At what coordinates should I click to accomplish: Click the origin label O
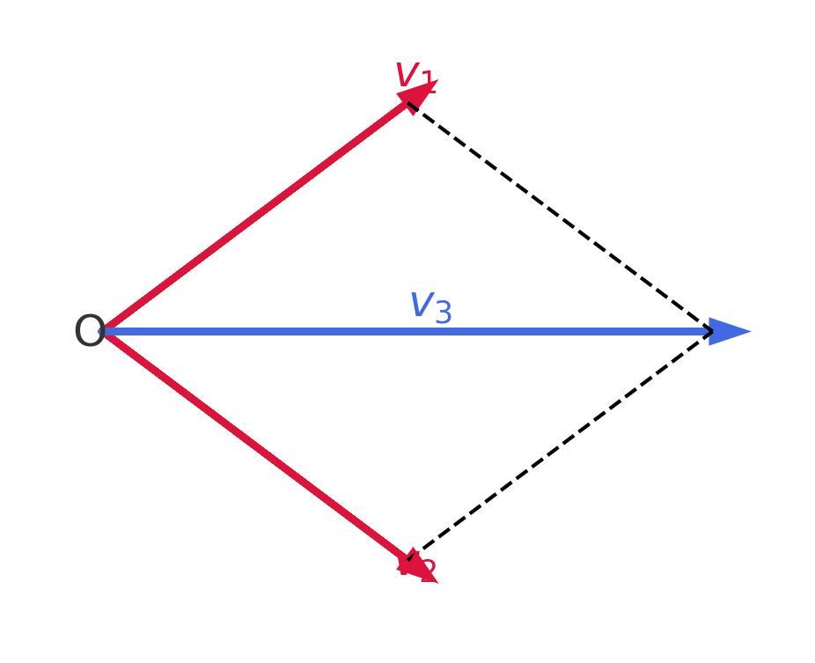(x=90, y=333)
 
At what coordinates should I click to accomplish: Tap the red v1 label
(x=415, y=77)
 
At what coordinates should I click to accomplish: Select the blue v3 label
(x=430, y=307)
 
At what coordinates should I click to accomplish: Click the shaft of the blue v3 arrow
(x=352, y=332)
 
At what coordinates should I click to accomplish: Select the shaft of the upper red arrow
(x=255, y=217)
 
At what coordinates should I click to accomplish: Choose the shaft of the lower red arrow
(x=255, y=446)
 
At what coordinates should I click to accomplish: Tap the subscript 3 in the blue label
(x=443, y=313)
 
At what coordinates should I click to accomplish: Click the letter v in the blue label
(x=421, y=305)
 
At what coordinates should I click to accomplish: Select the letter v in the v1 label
(x=406, y=74)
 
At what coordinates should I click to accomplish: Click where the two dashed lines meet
(x=712, y=332)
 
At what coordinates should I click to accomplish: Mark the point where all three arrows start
(x=105, y=332)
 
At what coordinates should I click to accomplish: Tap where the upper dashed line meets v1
(x=408, y=104)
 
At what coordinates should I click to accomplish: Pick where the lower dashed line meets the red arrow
(x=408, y=560)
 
